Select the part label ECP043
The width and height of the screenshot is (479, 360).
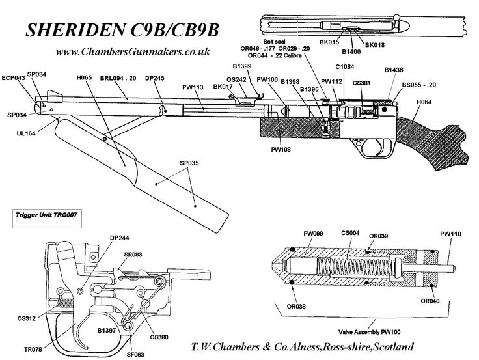tap(14, 77)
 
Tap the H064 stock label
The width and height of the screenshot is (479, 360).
tap(425, 102)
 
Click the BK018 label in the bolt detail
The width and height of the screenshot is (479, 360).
tap(376, 44)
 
